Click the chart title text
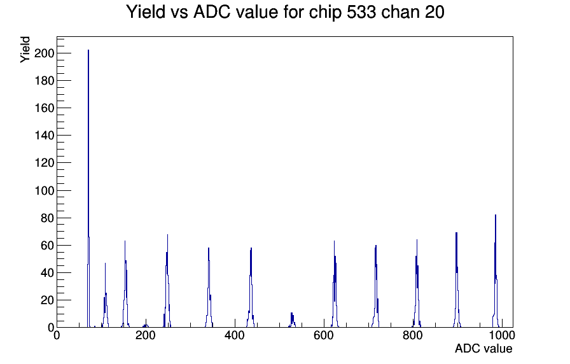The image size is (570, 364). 285,12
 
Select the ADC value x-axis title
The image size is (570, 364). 483,349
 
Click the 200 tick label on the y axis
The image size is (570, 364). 45,53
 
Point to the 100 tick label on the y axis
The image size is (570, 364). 45,191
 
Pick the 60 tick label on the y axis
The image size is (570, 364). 47,246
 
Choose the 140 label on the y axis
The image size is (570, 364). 45,136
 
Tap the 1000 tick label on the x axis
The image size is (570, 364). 501,336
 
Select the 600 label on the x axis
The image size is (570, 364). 324,336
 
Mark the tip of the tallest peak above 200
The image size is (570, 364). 88,50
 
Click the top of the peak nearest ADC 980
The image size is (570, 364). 496,215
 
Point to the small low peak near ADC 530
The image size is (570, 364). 291,313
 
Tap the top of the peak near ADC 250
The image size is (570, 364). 167,234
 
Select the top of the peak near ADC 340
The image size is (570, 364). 208,248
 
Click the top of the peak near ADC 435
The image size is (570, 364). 251,248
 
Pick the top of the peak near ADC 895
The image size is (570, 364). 456,233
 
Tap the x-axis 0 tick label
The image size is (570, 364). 57,336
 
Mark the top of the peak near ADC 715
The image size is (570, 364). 376,245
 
